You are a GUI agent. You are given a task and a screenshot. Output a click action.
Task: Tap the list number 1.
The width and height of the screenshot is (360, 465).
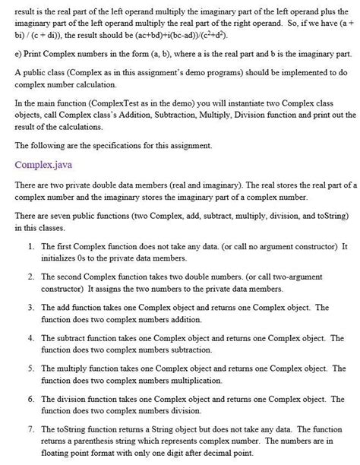click(x=29, y=247)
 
